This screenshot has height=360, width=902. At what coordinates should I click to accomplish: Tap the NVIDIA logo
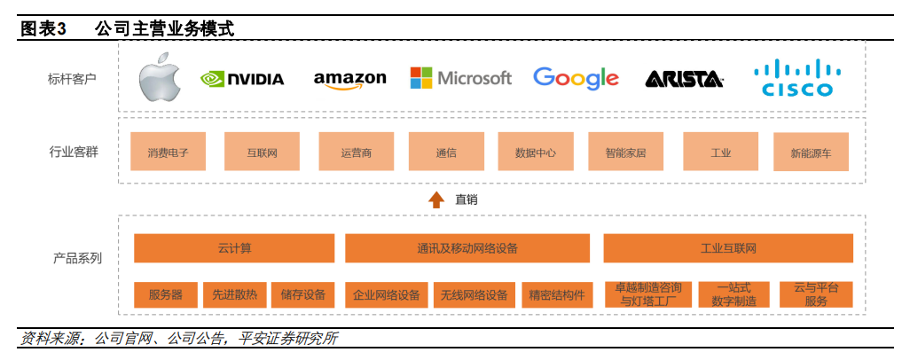pos(242,79)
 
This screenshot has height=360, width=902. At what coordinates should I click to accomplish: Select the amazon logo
pos(349,79)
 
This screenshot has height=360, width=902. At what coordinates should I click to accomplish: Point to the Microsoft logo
pos(460,78)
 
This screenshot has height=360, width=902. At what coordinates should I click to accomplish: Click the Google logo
pos(576,78)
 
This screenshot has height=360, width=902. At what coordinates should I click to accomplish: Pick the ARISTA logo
pos(684,80)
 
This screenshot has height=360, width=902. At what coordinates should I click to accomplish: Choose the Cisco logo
pos(797,77)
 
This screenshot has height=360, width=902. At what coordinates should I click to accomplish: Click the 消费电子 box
pos(169,153)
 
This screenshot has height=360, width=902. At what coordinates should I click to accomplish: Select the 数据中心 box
pos(535,153)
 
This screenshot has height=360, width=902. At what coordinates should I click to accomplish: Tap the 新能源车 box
pos(811,153)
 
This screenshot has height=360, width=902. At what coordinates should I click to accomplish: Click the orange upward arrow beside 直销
pos(436,200)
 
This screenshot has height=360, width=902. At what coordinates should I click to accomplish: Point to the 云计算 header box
pos(234,248)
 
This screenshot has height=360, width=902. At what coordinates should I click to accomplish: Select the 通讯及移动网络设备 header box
pos(467,248)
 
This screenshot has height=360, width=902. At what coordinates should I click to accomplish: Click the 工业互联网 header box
pos(727,248)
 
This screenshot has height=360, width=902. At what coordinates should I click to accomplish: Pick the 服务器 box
pos(166,294)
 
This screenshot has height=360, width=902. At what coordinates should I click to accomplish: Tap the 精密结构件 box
pos(556,294)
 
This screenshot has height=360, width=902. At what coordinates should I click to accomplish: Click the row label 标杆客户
pos(73,78)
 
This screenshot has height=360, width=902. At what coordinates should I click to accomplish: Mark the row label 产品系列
pos(77,258)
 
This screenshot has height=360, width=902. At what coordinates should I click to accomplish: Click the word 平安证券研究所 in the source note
pos(288,338)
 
